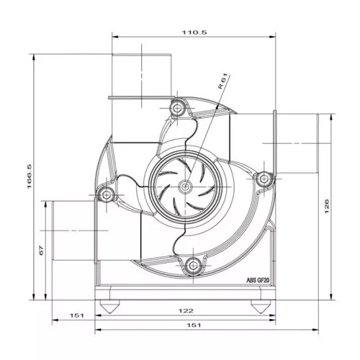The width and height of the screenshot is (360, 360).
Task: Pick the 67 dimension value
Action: point(42,251)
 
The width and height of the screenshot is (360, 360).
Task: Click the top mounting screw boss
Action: point(176,109)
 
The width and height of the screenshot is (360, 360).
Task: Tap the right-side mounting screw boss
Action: point(263,178)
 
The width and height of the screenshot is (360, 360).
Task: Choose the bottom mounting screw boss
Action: point(193,266)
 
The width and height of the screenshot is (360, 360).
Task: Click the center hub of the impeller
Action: point(186,187)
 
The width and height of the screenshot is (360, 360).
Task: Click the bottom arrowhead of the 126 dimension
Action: point(330,297)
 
